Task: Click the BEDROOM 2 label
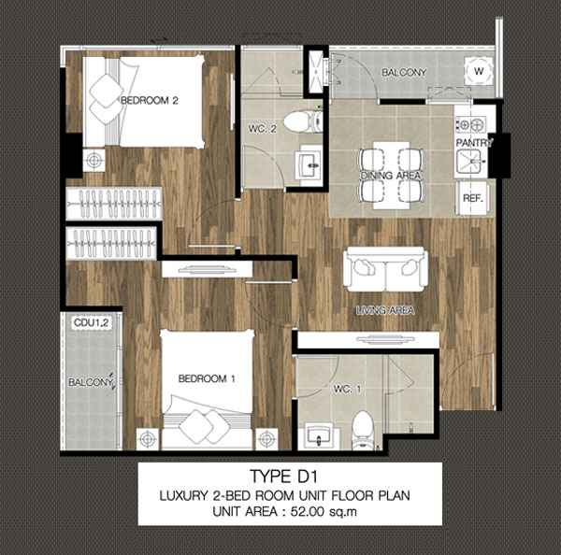[150, 101]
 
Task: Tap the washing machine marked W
[479, 71]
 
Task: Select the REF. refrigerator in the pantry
[473, 198]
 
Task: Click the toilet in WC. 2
[303, 122]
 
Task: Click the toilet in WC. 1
[363, 430]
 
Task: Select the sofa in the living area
[385, 269]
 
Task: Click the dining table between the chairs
[391, 176]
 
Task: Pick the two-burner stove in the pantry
[471, 124]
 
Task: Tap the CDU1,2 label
[91, 323]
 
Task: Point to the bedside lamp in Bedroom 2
[93, 160]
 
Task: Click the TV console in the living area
[368, 339]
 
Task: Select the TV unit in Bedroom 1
[207, 269]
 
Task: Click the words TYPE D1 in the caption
[283, 477]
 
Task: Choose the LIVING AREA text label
[385, 310]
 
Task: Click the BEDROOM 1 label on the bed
[207, 378]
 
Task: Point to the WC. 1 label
[347, 389]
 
